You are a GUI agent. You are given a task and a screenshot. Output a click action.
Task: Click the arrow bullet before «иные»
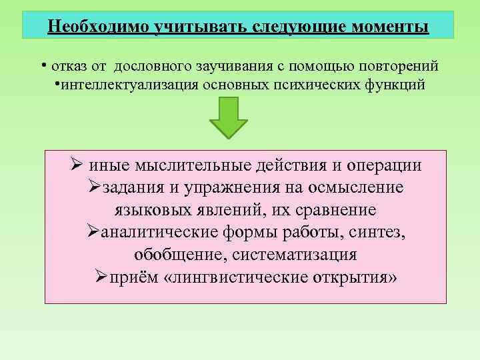76,165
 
